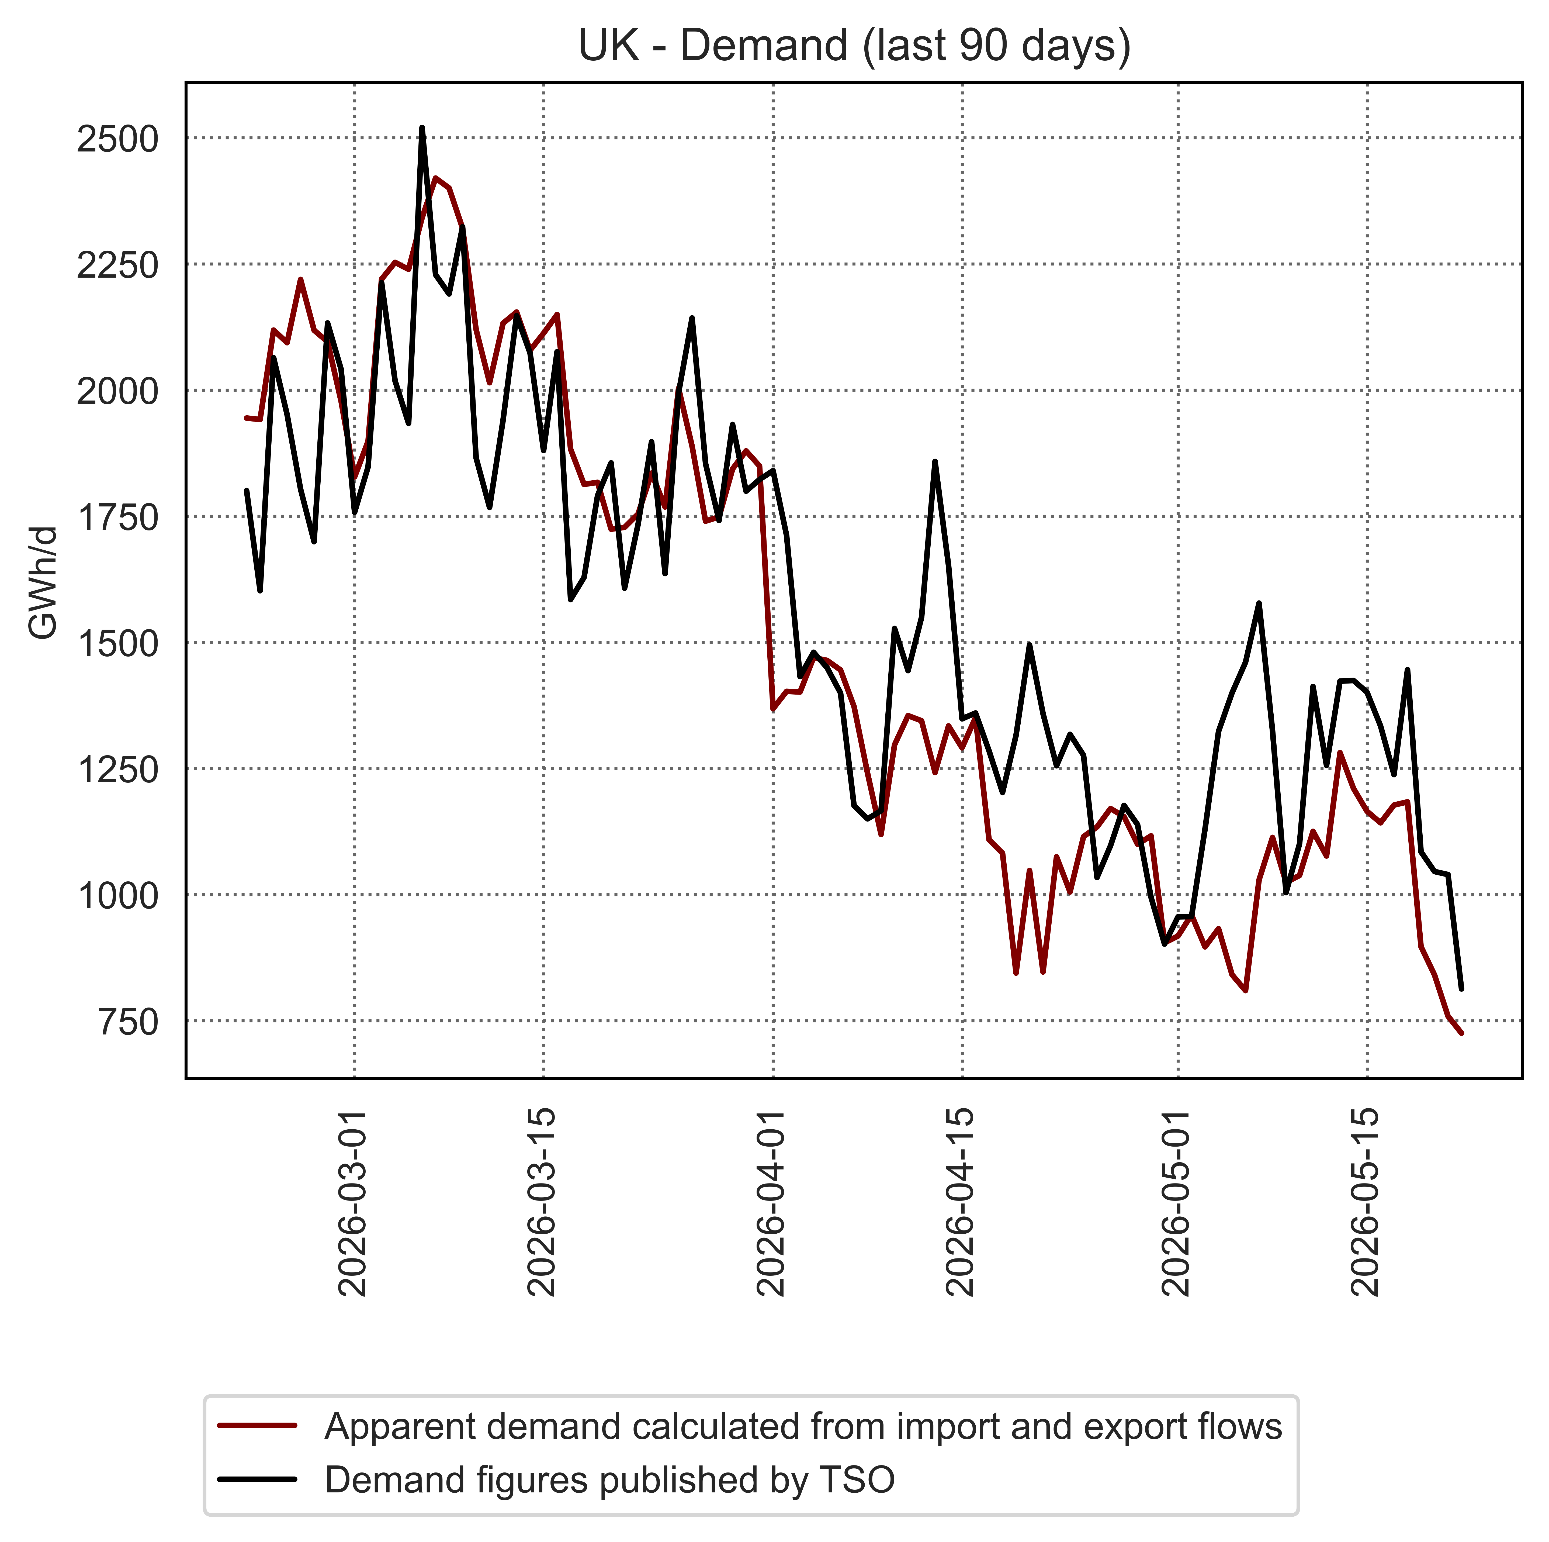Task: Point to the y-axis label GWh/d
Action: (43, 583)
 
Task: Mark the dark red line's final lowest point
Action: (1461, 1034)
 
